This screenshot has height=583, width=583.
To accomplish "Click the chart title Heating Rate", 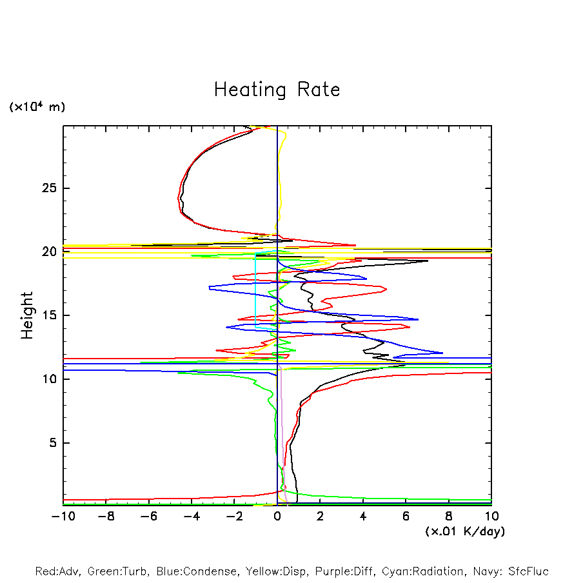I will click(x=277, y=89).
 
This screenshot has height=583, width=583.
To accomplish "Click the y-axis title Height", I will click(x=27, y=315).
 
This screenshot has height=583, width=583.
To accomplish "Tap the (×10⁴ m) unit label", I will click(x=37, y=107).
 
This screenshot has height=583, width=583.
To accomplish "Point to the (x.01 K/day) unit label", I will click(x=464, y=531).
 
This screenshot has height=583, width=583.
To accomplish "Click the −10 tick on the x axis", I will click(x=63, y=516).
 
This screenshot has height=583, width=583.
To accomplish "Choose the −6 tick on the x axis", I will click(x=148, y=516).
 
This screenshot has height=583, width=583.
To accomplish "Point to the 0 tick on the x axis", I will click(x=277, y=516).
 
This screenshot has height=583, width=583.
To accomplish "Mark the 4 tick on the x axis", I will click(x=363, y=516).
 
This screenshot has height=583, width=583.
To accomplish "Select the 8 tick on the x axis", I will click(x=449, y=516).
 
